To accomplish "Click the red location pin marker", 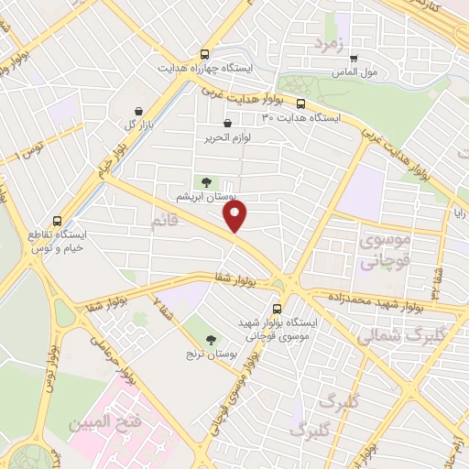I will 236,217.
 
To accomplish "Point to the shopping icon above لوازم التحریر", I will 227,124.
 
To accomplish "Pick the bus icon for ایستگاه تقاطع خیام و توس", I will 59,221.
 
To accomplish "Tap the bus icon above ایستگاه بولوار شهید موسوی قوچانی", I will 278,309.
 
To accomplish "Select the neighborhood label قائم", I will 166,221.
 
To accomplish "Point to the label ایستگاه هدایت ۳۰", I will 301,118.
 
